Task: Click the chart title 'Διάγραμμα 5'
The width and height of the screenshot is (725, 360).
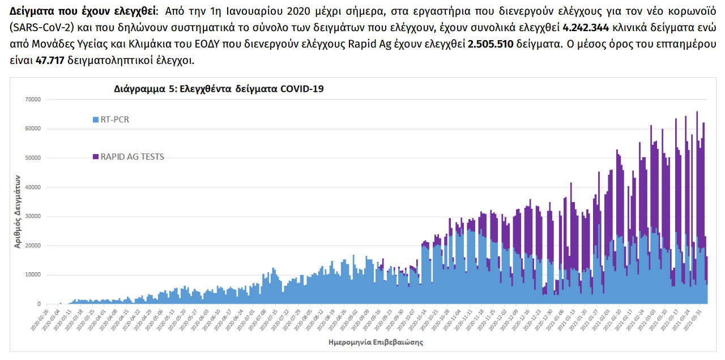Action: click(x=218, y=89)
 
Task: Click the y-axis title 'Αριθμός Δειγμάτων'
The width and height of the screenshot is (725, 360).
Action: click(x=18, y=211)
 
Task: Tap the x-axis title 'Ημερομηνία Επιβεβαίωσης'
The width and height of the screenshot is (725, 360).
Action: click(x=376, y=342)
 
